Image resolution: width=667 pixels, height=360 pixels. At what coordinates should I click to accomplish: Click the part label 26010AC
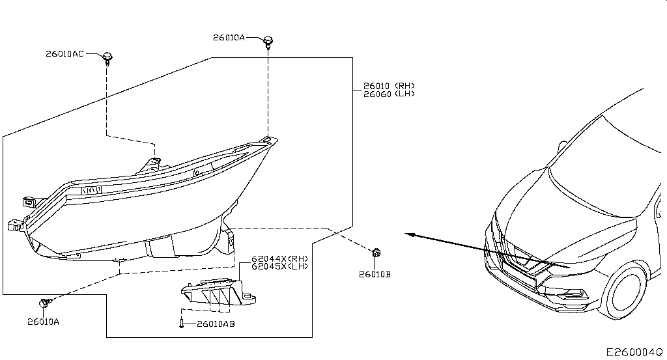pos(64,54)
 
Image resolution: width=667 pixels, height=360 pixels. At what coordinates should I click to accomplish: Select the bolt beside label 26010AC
pos(107,58)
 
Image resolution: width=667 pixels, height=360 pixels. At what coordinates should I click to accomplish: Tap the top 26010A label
pos(229,37)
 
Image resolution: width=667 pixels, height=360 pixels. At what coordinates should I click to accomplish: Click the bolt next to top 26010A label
pos(268,42)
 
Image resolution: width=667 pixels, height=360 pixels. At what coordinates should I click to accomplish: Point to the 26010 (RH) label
pos(389,86)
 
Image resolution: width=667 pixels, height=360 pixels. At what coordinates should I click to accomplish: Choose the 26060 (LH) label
pos(389,94)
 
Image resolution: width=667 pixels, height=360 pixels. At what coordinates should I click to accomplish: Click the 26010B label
pos(375,275)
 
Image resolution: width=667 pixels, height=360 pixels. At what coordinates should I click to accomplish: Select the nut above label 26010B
pos(376,253)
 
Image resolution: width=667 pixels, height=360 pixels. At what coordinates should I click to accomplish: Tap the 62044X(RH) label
pos(279,258)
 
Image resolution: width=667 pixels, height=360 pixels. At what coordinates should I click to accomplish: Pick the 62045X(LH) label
pos(279,266)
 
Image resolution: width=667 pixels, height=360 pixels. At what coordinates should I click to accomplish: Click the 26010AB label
pos(216,324)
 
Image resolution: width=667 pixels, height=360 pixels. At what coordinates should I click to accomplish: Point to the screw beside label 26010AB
pos(182,324)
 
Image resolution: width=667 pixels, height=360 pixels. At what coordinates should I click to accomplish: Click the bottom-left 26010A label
pos(44,322)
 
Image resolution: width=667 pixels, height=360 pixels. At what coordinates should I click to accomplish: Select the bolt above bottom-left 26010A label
pos(45,303)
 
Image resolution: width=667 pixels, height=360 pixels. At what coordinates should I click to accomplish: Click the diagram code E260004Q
pos(634,352)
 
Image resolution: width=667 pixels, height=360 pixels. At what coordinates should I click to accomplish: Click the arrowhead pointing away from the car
pos(409,234)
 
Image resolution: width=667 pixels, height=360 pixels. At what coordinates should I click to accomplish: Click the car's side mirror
pos(562,146)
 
